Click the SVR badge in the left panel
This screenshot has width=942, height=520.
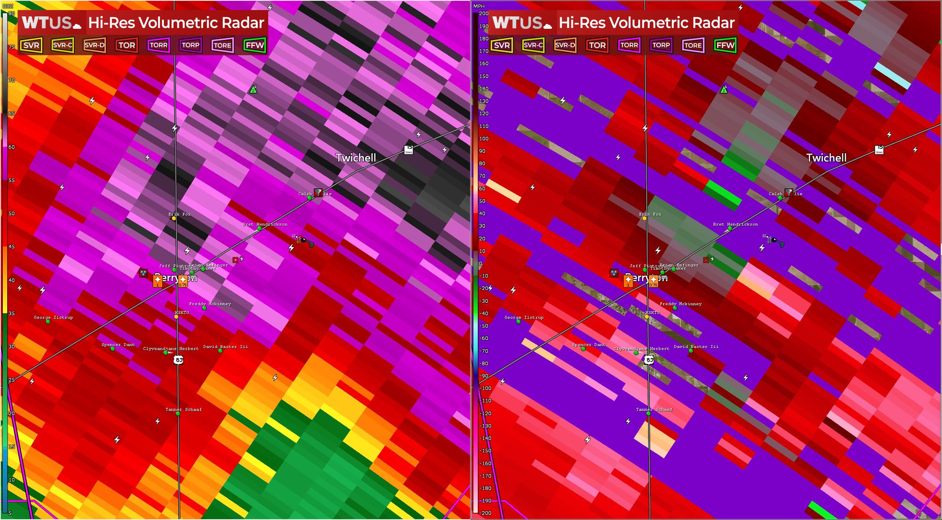[31, 45]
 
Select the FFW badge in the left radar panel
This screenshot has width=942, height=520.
[255, 45]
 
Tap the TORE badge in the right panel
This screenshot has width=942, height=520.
[693, 45]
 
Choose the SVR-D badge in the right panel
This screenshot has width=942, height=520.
[565, 45]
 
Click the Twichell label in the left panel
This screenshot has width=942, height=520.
[356, 158]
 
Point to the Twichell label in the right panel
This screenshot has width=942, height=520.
[826, 158]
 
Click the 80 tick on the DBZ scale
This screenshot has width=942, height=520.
[11, 14]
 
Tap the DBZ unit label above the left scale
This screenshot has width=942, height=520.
[8, 6]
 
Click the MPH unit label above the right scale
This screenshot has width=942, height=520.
[479, 6]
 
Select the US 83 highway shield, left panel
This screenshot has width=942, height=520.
[178, 360]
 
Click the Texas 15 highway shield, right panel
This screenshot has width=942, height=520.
[879, 150]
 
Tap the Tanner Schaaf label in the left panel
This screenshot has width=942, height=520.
[184, 410]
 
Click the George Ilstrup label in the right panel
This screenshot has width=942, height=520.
[524, 318]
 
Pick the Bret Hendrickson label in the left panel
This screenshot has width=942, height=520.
[265, 224]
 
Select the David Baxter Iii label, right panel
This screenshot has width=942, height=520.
[696, 347]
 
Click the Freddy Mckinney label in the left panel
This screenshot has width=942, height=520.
[210, 304]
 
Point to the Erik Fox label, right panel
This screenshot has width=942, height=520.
[650, 214]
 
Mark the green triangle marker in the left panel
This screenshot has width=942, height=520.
[253, 89]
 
